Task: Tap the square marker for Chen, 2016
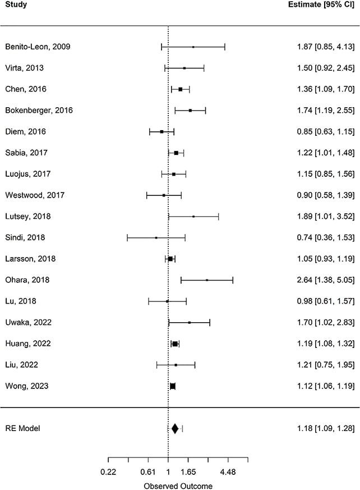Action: pos(180,89)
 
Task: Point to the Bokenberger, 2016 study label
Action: pos(39,111)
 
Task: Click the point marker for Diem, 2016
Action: pos(161,131)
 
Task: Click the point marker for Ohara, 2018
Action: pos(207,280)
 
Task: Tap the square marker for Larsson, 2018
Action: pos(170,259)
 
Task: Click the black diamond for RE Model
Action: pos(175,429)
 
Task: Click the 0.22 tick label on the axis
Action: pos(108,473)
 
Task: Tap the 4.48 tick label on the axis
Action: pos(228,473)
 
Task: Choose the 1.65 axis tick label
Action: pos(188,473)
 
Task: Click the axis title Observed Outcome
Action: pos(178,486)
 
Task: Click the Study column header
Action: pos(16,5)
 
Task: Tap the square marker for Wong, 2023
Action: pos(173,386)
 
